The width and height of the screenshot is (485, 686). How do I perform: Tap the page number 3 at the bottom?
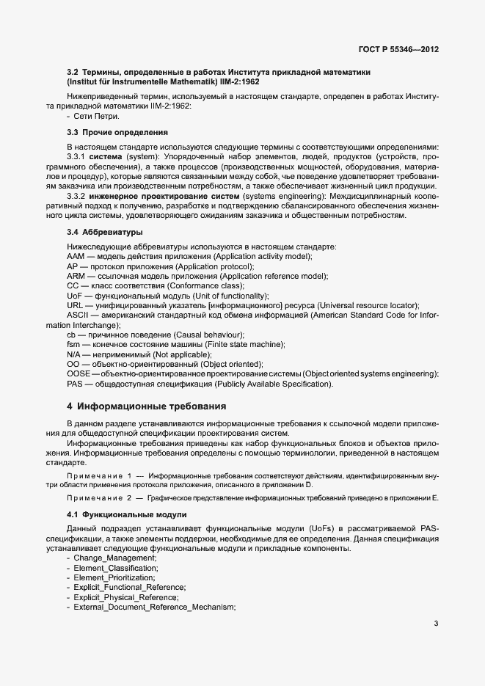[x=436, y=624]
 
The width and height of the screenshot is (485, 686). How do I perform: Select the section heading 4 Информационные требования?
[x=147, y=406]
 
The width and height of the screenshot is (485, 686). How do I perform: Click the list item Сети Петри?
[x=95, y=116]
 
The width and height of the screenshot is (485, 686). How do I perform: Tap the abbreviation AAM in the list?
[x=76, y=255]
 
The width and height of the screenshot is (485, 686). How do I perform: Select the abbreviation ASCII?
[x=78, y=315]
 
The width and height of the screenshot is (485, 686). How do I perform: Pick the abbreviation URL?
[x=75, y=304]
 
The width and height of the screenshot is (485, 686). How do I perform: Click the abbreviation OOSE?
[x=79, y=374]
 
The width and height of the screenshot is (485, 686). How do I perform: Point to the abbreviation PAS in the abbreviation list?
[x=75, y=384]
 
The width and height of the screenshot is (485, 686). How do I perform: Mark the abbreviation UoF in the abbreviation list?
[x=75, y=295]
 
